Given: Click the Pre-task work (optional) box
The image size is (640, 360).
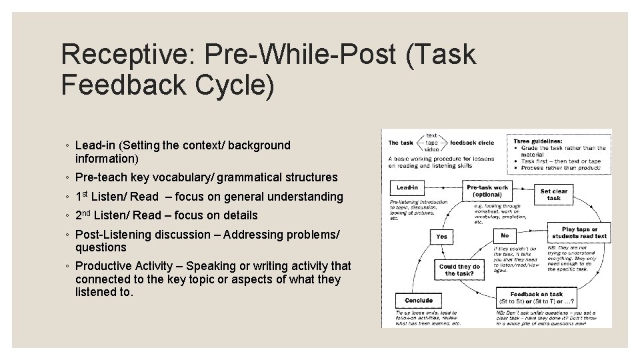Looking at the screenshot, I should pyautogui.click(x=487, y=191).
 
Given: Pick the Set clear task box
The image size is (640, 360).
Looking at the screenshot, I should pyautogui.click(x=554, y=194).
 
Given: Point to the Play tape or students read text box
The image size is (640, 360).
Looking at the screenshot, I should pyautogui.click(x=579, y=233).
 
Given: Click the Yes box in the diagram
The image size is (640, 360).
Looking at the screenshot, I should pyautogui.click(x=441, y=236).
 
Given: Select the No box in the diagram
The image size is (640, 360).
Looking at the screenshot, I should pyautogui.click(x=504, y=236).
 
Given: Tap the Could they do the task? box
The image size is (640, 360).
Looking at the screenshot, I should pyautogui.click(x=459, y=270).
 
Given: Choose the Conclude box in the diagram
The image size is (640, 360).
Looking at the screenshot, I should pyautogui.click(x=418, y=301).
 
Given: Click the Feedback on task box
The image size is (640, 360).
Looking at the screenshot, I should pyautogui.click(x=536, y=297).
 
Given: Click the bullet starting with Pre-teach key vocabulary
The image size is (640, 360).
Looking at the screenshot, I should pyautogui.click(x=206, y=177).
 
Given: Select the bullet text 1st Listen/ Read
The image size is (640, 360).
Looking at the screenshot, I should pyautogui.click(x=117, y=197).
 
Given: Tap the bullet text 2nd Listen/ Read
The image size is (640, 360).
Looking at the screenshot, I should pyautogui.click(x=117, y=215).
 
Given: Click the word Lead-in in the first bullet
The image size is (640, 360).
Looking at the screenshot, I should pyautogui.click(x=95, y=145).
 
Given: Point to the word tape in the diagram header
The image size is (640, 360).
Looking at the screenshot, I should pyautogui.click(x=432, y=142).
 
